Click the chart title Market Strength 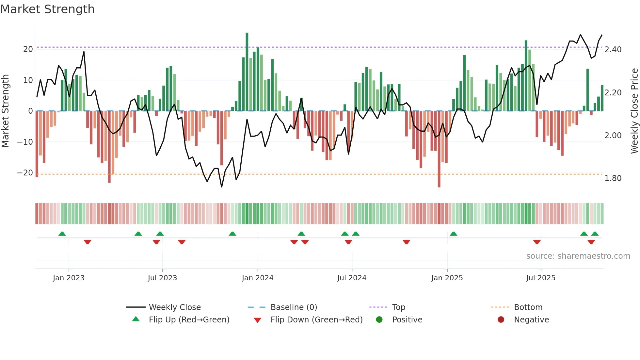point(47,9)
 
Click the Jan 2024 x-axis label point(257,278)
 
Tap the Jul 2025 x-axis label point(540,278)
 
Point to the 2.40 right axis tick point(613,50)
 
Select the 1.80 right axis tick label point(613,178)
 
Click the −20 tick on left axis point(25,173)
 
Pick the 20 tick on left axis point(28,49)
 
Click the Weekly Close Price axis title point(634,111)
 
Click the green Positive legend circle point(379,319)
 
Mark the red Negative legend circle point(501,319)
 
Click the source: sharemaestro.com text point(578,256)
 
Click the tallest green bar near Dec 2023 point(247,72)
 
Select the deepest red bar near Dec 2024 point(439,149)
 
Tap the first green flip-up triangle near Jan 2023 point(62,234)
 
